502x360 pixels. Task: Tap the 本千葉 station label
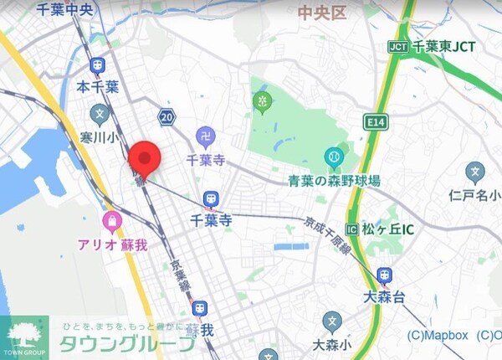[x=98, y=86]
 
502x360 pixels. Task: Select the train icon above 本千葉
[x=98, y=64]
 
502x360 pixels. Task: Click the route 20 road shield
[x=167, y=116]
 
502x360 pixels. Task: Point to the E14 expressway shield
[x=376, y=123]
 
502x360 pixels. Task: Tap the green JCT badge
[x=397, y=47]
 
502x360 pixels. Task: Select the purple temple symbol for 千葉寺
[x=205, y=136]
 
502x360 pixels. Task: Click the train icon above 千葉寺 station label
[x=211, y=199]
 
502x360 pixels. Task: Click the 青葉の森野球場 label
[x=335, y=181]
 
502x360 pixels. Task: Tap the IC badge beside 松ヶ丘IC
[x=352, y=229]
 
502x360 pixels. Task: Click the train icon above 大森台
[x=384, y=275]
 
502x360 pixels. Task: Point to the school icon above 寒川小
[x=99, y=113]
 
